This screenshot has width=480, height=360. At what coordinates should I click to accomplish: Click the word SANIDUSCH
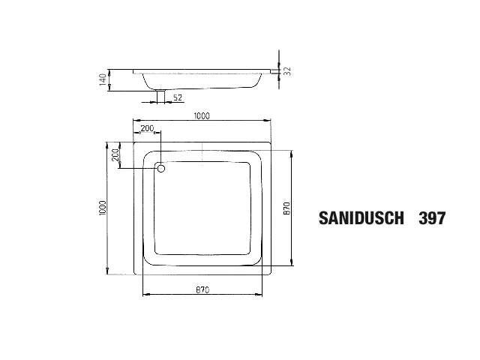(x=361, y=218)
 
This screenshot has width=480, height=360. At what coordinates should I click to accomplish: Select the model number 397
(x=432, y=218)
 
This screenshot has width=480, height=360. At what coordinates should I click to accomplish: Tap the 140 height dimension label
(x=103, y=79)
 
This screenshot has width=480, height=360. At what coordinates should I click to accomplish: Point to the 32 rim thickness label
(x=287, y=71)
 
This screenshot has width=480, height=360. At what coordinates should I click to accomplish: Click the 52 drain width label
(x=178, y=97)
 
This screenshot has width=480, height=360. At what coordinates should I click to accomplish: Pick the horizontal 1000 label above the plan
(x=202, y=116)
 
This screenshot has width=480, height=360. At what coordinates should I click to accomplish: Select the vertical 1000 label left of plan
(x=103, y=208)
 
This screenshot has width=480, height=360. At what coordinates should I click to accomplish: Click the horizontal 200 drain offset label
(x=147, y=128)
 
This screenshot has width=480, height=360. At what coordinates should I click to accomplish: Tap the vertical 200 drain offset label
(x=115, y=155)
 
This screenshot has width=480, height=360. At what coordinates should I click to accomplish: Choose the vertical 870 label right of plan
(x=286, y=208)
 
